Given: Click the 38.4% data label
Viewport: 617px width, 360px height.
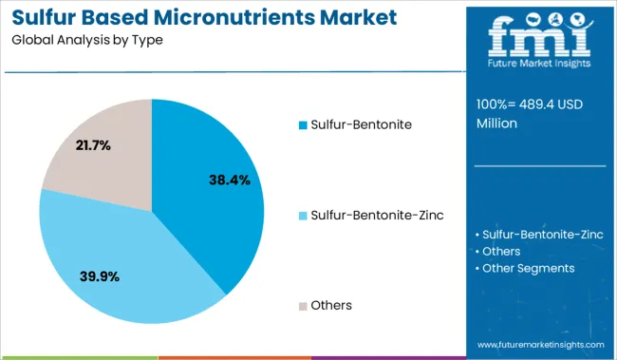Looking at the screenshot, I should coord(230,180).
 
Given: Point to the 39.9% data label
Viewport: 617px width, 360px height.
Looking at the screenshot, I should coord(101,276).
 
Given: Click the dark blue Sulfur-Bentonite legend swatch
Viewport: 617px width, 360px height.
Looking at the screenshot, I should coord(303,124).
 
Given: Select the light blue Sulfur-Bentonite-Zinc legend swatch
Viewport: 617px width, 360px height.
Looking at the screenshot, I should coord(303,216).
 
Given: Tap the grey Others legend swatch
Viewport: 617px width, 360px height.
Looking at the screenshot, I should coord(303,306).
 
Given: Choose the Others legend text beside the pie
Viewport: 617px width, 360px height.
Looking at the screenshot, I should coord(331,306).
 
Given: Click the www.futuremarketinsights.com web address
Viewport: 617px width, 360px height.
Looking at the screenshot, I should coord(540,344).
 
